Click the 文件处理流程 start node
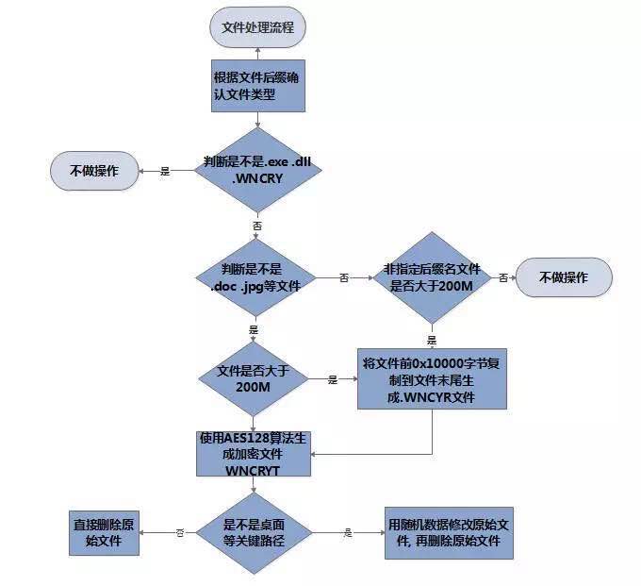(x=257, y=27)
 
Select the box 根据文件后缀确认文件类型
(x=257, y=86)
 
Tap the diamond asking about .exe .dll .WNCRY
(x=257, y=169)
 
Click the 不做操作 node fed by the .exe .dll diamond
(x=94, y=171)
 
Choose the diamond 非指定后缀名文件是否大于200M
(x=433, y=277)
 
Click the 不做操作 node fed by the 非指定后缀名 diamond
(x=563, y=277)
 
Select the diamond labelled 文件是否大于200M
(x=254, y=379)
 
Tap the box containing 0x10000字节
(x=433, y=379)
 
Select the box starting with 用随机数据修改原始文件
(x=450, y=532)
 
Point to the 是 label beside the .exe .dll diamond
(x=165, y=171)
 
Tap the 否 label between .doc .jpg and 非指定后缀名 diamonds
(x=343, y=277)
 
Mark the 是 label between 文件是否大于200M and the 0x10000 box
(x=333, y=379)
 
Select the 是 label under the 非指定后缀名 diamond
(x=433, y=340)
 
